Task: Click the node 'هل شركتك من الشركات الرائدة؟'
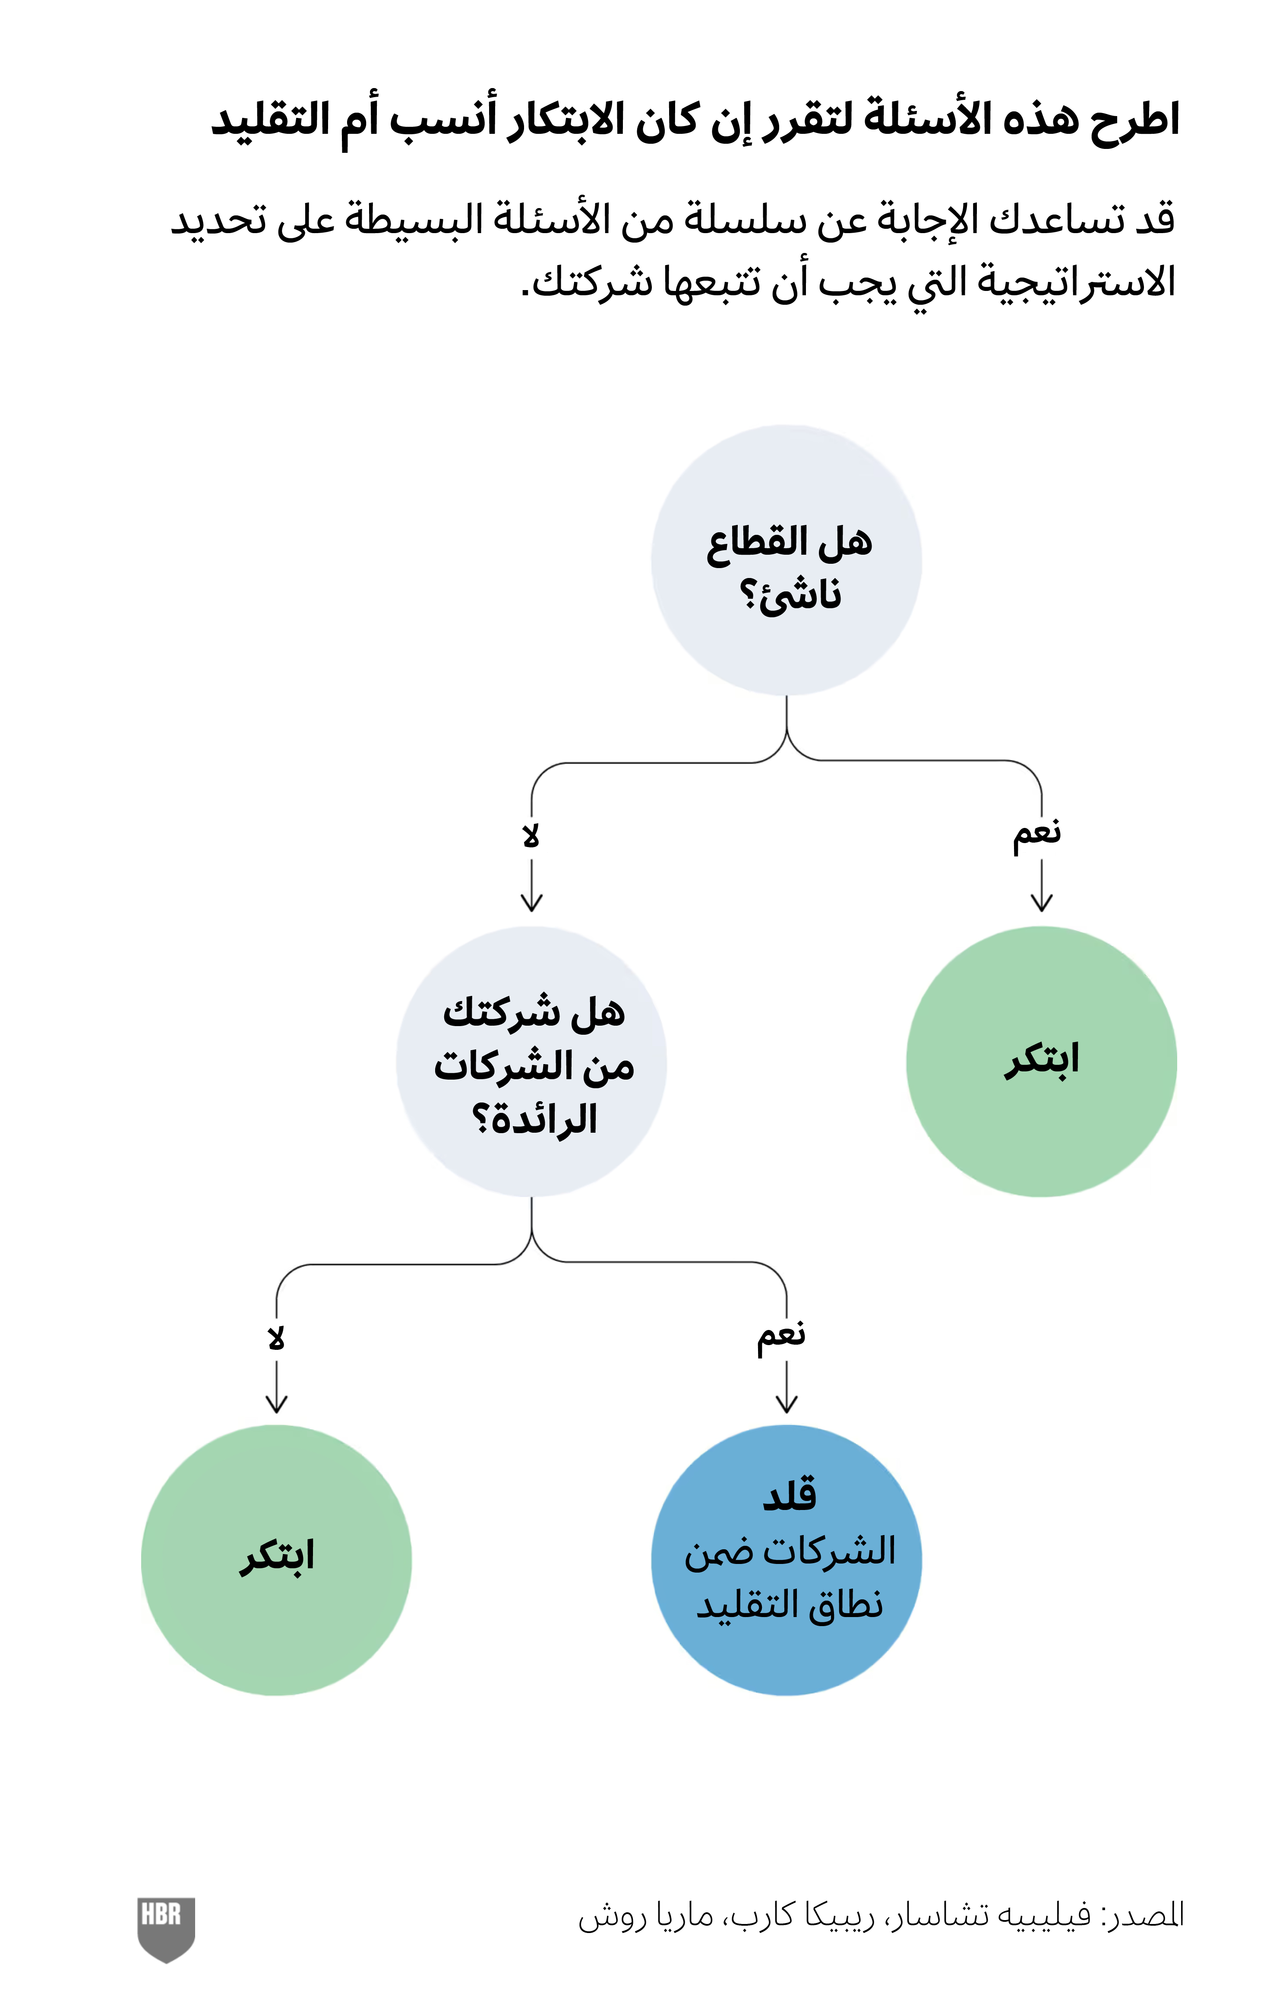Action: coord(531,1061)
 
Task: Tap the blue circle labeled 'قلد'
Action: coord(786,1560)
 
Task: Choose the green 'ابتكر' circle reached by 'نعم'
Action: coord(1041,1061)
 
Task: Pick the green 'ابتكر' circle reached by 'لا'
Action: coord(276,1560)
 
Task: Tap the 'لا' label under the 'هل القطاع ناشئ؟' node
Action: coord(531,835)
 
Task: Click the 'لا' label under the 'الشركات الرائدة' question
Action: coord(276,1338)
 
